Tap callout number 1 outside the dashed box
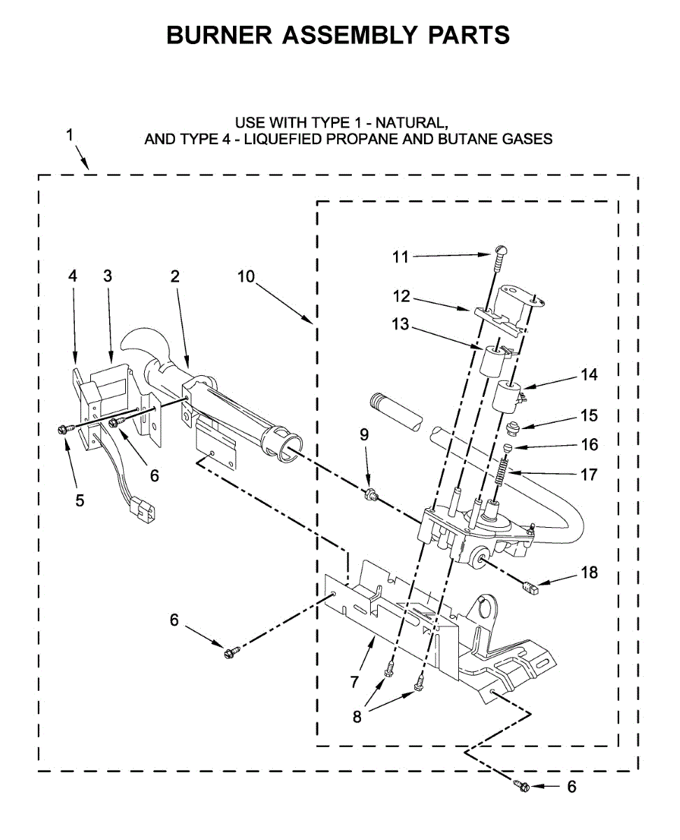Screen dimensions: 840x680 point(70,135)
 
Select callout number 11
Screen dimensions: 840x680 point(400,257)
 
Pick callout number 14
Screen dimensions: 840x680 point(589,374)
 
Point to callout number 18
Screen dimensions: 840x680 point(589,573)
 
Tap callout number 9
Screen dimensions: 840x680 point(364,434)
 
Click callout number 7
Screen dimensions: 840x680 point(355,680)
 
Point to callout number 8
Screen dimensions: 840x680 point(357,717)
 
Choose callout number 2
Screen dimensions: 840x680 point(175,276)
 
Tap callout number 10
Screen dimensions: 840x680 point(246,276)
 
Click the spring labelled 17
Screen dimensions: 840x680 point(500,470)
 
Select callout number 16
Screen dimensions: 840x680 point(589,444)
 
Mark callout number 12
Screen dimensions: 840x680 point(401,296)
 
